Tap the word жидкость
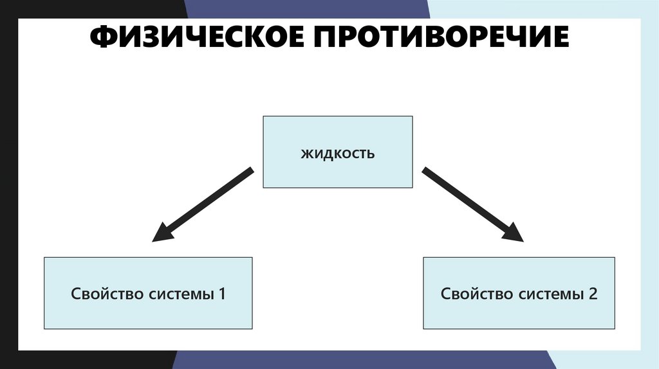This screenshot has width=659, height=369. point(337,154)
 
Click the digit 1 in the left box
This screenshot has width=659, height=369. point(222,294)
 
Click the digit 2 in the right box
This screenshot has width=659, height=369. point(593,294)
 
